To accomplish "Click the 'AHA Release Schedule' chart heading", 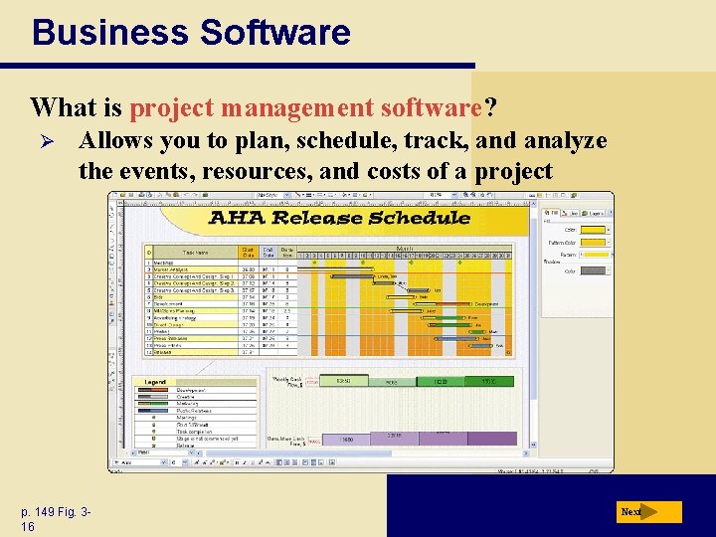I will point(339,218).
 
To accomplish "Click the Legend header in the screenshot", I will point(156,382).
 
